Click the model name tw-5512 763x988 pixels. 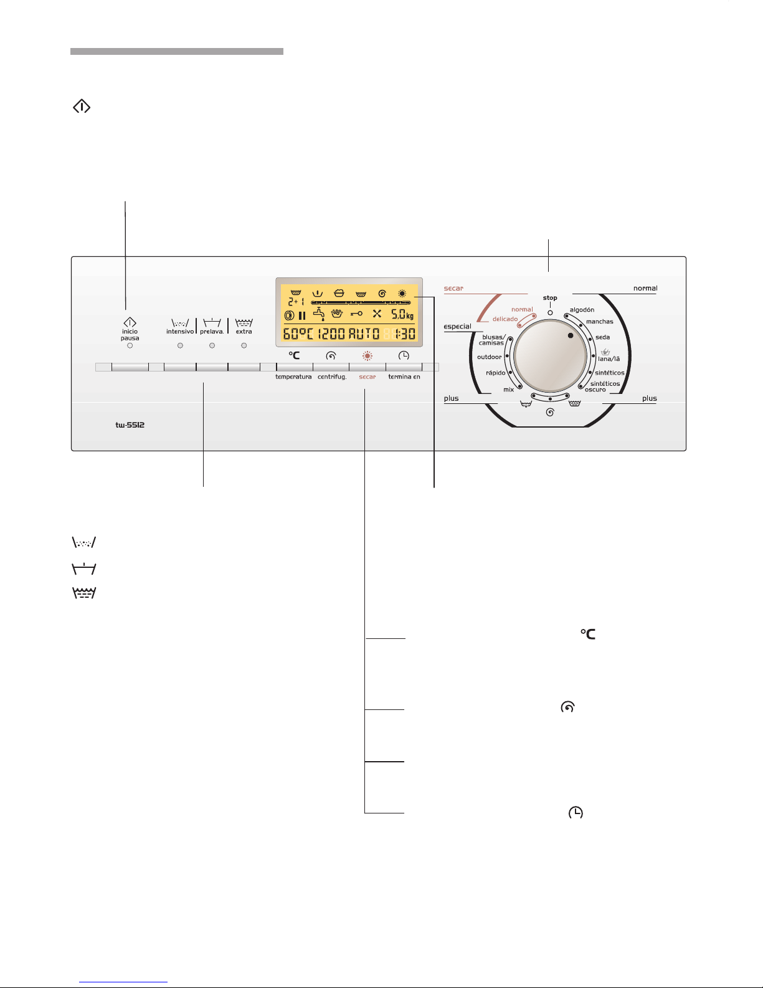(x=130, y=424)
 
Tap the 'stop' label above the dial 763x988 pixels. (x=550, y=298)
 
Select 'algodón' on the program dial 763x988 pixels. (x=582, y=310)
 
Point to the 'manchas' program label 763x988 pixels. (x=599, y=322)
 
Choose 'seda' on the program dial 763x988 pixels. (x=603, y=337)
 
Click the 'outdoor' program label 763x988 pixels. (x=489, y=357)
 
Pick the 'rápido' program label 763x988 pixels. (x=496, y=373)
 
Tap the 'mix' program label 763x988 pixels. (x=509, y=389)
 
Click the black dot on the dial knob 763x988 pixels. (x=571, y=335)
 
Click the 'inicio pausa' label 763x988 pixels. (x=130, y=335)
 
